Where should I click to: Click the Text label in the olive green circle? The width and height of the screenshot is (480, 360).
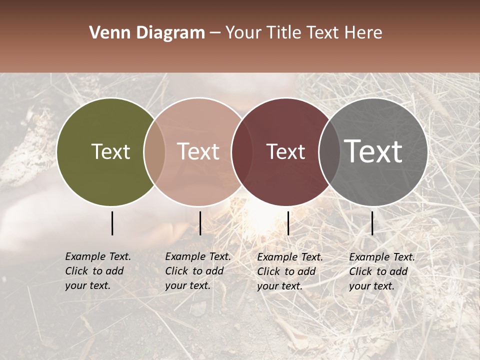click(110, 152)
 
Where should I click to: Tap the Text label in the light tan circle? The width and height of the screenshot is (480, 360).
click(198, 152)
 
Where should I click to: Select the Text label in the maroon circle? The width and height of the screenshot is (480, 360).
click(286, 152)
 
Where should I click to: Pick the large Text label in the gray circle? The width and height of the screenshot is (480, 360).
click(373, 151)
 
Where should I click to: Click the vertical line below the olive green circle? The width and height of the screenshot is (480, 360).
click(112, 223)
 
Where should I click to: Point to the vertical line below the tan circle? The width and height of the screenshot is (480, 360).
click(200, 223)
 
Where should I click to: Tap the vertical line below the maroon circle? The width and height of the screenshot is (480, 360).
click(288, 223)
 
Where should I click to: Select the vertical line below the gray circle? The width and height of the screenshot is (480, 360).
click(372, 223)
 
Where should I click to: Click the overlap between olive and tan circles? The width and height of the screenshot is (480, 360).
click(154, 151)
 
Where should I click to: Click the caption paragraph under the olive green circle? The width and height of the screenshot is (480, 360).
click(98, 271)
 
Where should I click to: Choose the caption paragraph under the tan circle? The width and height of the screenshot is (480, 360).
click(198, 271)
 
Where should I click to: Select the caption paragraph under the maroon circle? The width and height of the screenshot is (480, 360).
click(290, 271)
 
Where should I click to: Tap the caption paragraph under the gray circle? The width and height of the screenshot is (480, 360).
click(382, 271)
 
